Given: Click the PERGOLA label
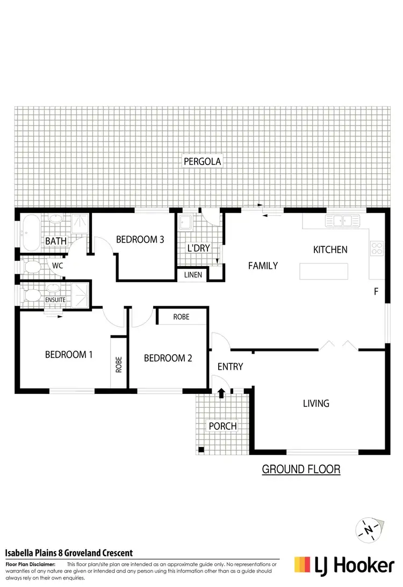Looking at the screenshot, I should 202,161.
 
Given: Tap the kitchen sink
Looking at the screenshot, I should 341,220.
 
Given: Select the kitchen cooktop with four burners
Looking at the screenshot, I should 377,248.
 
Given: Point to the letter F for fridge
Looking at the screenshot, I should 376,292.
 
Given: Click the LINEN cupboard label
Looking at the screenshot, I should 193,275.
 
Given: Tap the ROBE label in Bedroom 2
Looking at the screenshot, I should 181,317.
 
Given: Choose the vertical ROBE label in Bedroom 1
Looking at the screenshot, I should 119,365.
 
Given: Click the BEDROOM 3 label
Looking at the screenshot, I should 140,239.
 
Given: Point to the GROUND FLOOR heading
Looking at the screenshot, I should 301,469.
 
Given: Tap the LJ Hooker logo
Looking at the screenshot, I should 344,564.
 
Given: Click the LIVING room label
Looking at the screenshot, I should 316,403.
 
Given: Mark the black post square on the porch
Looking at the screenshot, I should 200,450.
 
